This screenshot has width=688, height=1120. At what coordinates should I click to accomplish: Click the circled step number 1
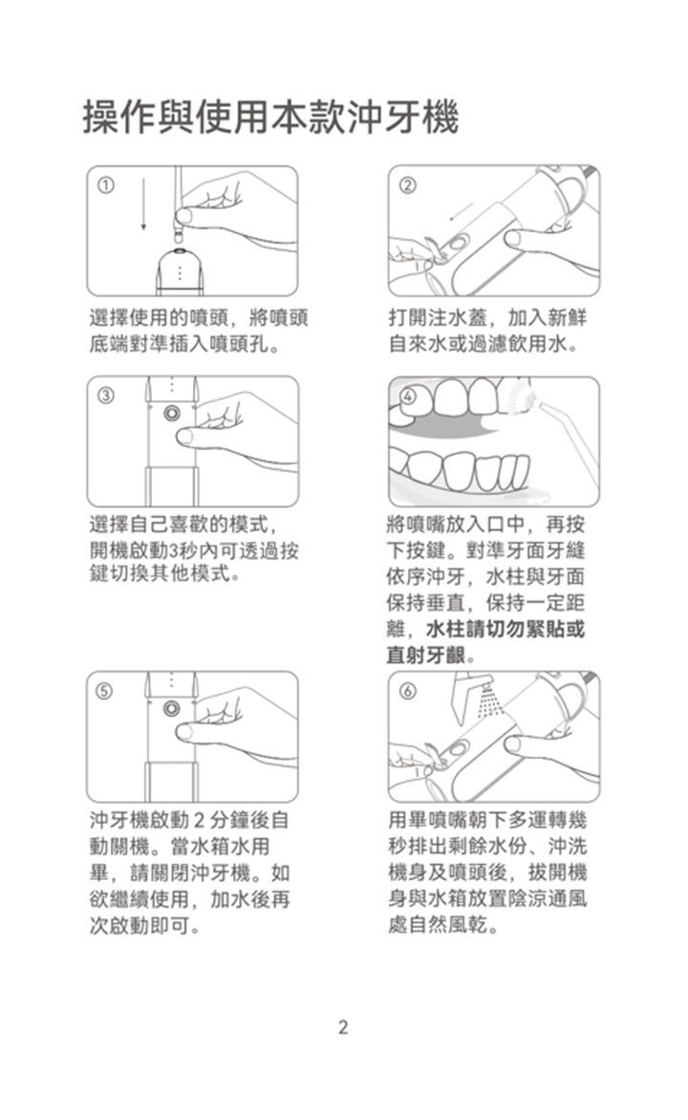tap(105, 185)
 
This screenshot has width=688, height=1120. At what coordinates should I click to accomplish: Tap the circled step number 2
tap(406, 185)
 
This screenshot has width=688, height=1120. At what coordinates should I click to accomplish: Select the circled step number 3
tap(105, 396)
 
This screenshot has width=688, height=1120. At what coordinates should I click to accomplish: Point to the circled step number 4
tap(406, 397)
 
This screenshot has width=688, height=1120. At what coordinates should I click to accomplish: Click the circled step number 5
tap(105, 691)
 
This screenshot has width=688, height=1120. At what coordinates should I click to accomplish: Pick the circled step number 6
tap(406, 691)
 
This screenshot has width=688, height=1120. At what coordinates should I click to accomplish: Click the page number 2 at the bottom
tap(343, 1027)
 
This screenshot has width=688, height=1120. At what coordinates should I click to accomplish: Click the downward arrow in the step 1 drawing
tap(143, 204)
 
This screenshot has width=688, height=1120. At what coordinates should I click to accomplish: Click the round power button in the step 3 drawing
tap(171, 414)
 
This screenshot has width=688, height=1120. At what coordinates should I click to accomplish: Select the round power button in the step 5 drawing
tap(171, 708)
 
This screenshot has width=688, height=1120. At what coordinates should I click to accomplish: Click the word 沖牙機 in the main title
tap(402, 118)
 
